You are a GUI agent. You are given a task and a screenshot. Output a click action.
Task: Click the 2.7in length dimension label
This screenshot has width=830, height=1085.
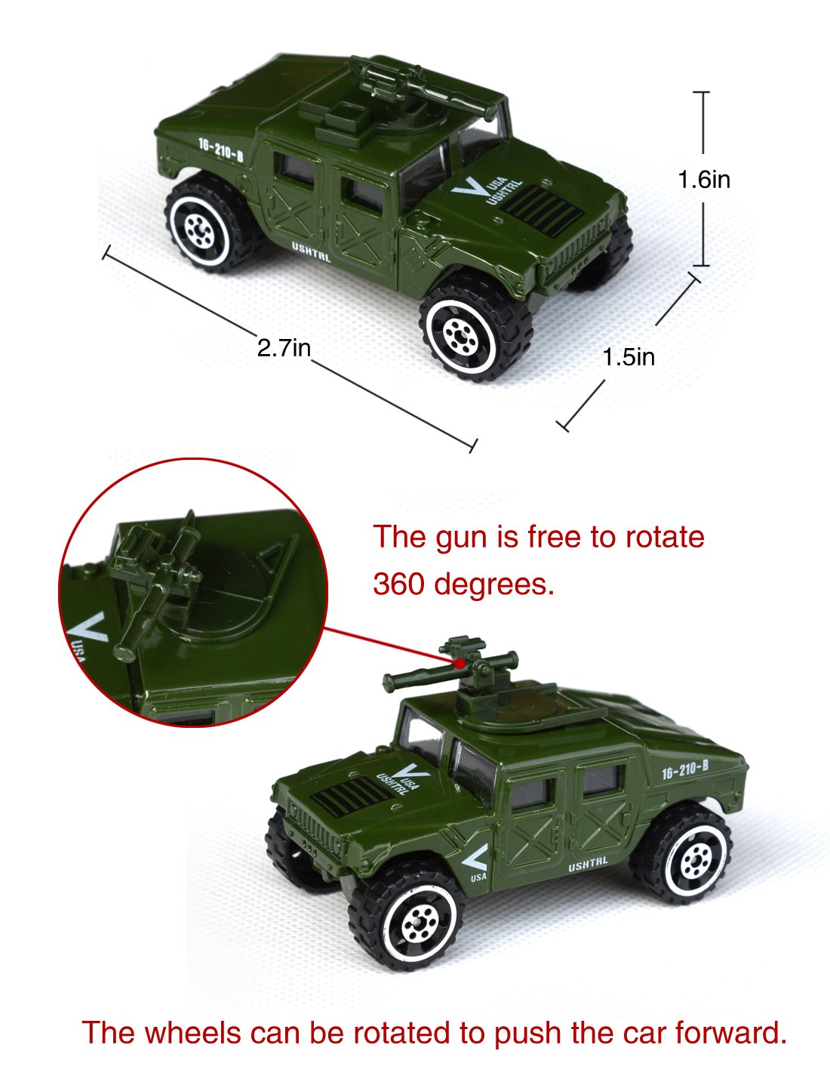pos(284,348)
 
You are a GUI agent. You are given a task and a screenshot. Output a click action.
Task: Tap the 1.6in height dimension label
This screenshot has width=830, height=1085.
pos(703,180)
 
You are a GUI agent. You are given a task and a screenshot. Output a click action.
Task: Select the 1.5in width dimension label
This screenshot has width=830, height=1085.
pos(629,356)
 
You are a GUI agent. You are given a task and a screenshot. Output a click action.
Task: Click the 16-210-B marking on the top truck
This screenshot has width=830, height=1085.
pos(220,149)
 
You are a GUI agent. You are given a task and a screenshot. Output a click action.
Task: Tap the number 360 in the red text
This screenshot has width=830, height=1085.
pos(399,583)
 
